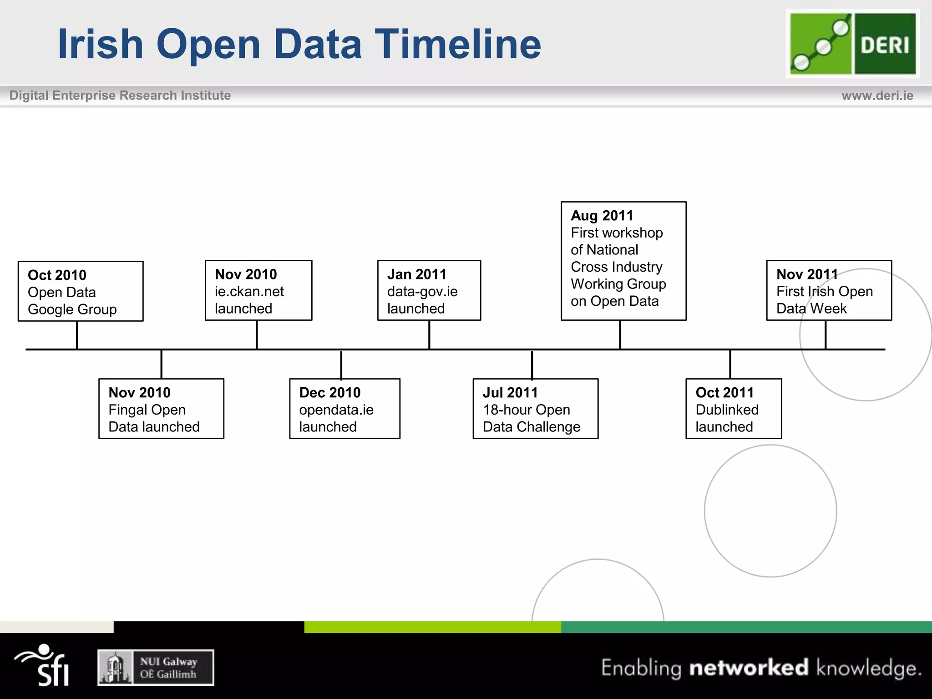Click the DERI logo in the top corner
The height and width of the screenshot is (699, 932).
pyautogui.click(x=852, y=44)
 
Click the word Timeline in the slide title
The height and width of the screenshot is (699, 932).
pyautogui.click(x=457, y=44)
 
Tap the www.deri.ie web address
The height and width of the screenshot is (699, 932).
pyautogui.click(x=877, y=96)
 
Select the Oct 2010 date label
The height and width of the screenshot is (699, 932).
pyautogui.click(x=57, y=275)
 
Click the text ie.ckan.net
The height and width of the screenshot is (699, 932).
pyautogui.click(x=249, y=292)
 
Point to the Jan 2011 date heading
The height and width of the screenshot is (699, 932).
pyautogui.click(x=416, y=274)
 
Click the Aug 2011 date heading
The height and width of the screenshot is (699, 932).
pyautogui.click(x=602, y=215)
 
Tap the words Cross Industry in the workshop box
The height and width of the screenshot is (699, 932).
pyautogui.click(x=616, y=267)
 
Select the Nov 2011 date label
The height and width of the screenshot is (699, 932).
pyautogui.click(x=806, y=274)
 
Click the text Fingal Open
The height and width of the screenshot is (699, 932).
pyautogui.click(x=147, y=410)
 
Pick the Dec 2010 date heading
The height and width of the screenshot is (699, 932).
pyautogui.click(x=329, y=392)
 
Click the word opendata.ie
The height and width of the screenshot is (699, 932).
pyautogui.click(x=336, y=410)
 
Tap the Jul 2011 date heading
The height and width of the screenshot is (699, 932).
pyautogui.click(x=510, y=392)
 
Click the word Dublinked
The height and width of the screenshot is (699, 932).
pyautogui.click(x=727, y=410)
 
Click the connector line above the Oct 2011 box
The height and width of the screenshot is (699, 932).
pyautogui.click(x=730, y=364)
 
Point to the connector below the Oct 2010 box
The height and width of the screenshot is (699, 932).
pyautogui.click(x=77, y=335)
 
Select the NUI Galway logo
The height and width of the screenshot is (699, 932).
pyautogui.click(x=156, y=668)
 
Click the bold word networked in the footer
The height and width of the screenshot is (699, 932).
pyautogui.click(x=749, y=668)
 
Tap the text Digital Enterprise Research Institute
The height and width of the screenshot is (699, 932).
pyautogui.click(x=120, y=96)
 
